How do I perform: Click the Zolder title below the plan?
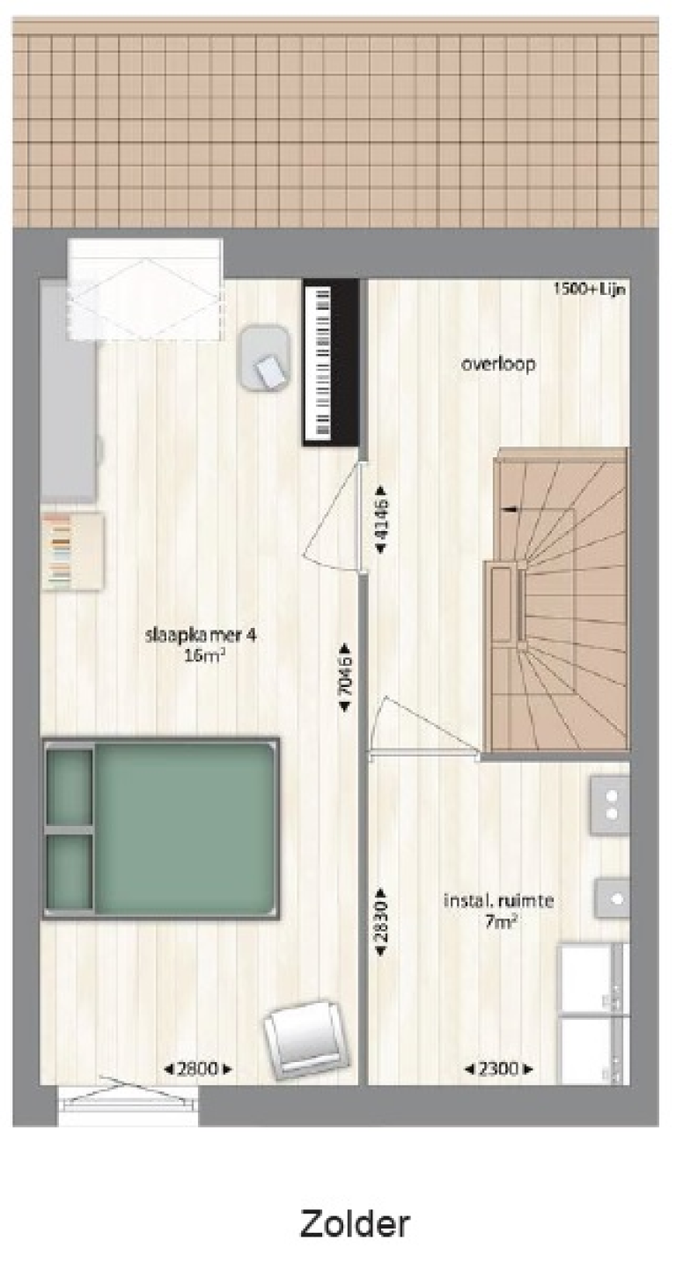click(355, 1223)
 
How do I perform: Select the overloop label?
click(498, 363)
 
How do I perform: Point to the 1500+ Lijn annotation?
click(590, 288)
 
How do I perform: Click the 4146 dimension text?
click(380, 520)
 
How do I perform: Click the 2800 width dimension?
click(199, 1069)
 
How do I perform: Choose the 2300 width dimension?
click(498, 1069)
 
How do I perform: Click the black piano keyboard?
click(331, 362)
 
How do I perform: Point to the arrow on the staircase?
click(509, 508)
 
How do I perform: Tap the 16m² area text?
click(201, 654)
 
